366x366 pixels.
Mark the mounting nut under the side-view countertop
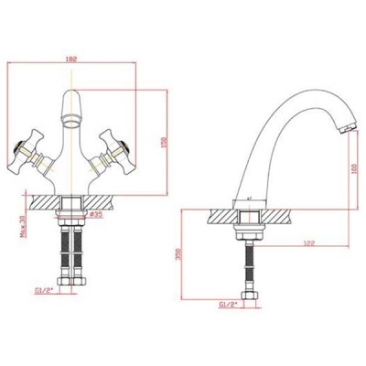tap(250, 229)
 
